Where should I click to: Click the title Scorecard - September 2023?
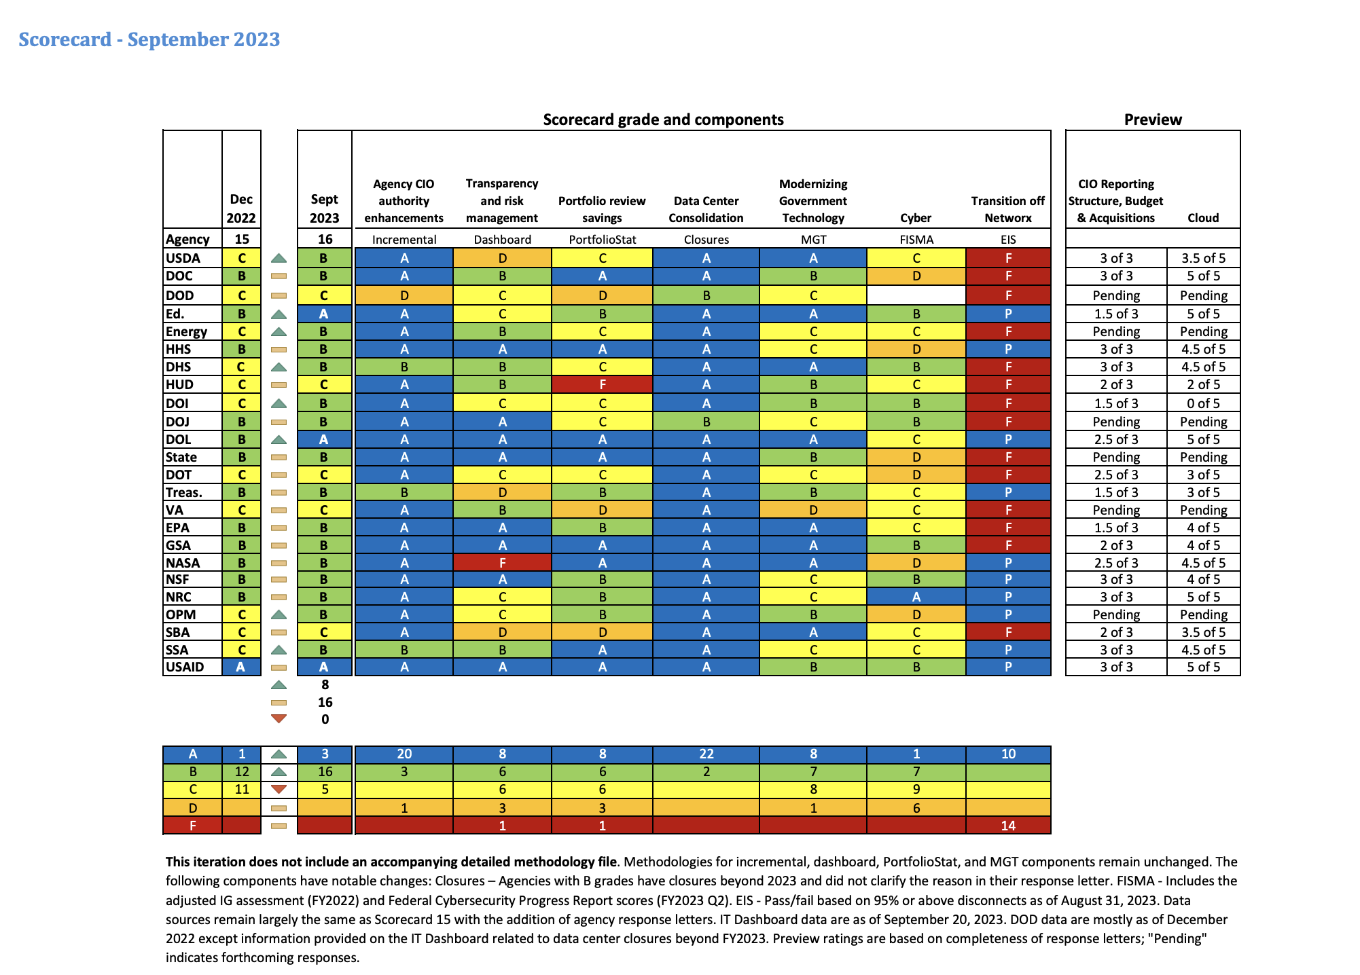[x=149, y=39]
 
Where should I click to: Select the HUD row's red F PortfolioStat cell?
[x=602, y=384]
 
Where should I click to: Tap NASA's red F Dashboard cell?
[x=502, y=562]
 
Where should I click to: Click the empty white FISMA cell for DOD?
[x=916, y=295]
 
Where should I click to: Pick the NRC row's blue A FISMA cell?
[x=916, y=597]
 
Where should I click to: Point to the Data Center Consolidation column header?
[x=706, y=209]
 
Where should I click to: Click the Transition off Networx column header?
[x=1007, y=209]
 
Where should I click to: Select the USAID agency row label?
[x=185, y=667]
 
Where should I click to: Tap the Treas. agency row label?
[x=183, y=492]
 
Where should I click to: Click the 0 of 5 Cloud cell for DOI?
[x=1203, y=403]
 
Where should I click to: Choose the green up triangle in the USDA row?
[x=279, y=258]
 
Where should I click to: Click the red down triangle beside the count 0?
[x=279, y=718]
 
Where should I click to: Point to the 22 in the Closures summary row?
[x=706, y=754]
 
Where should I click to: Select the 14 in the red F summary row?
[x=1007, y=826]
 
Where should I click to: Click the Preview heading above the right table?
[x=1153, y=119]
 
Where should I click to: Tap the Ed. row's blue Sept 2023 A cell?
[x=324, y=314]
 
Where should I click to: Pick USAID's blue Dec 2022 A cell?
[x=241, y=667]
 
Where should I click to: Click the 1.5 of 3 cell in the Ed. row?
[x=1116, y=314]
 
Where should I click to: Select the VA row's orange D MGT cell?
[x=813, y=510]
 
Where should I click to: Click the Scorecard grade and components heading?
[x=663, y=119]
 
